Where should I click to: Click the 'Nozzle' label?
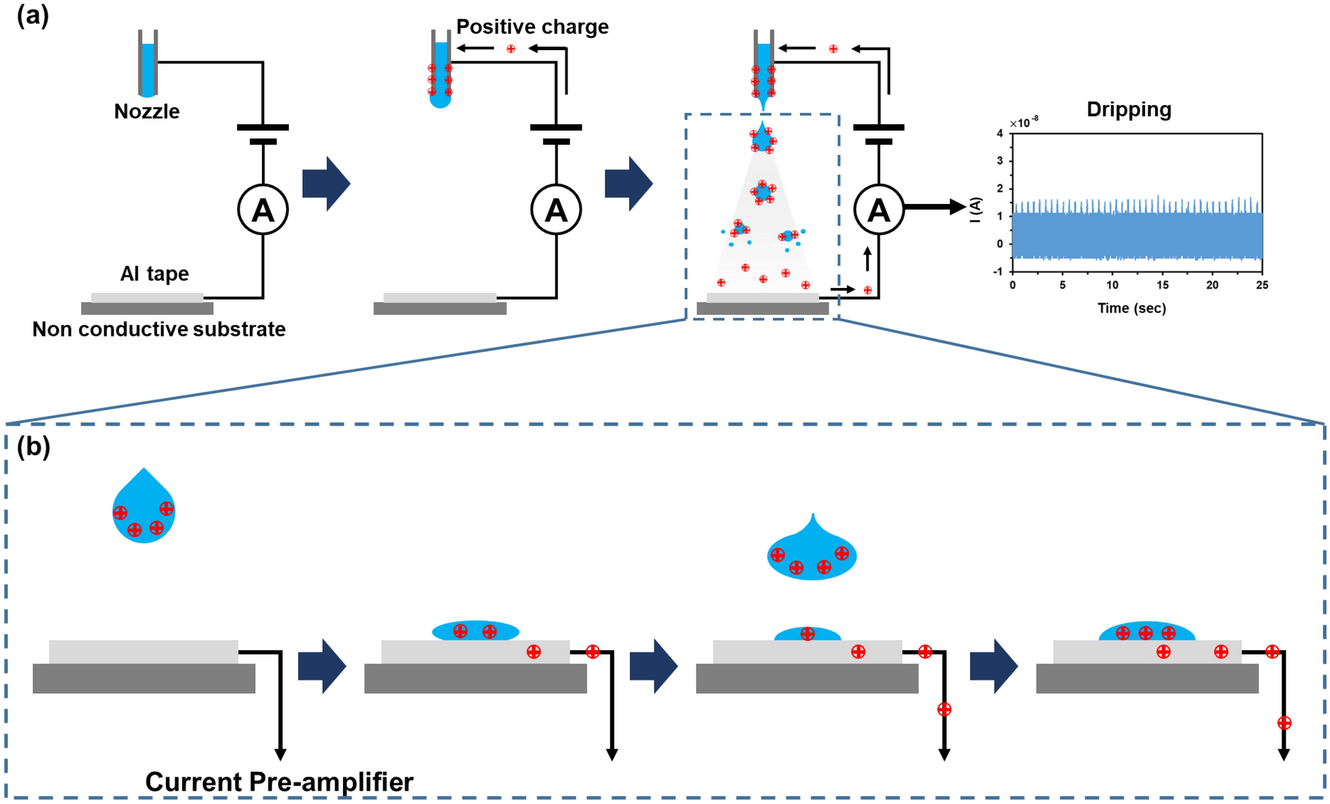[147, 112]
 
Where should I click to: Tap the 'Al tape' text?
[155, 274]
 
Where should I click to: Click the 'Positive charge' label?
[532, 27]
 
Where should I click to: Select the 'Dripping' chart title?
[1128, 109]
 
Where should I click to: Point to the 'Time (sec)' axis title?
[1131, 308]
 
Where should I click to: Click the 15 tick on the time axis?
[1162, 285]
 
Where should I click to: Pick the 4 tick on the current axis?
[1000, 133]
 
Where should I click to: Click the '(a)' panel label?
[32, 16]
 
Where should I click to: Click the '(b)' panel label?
[33, 447]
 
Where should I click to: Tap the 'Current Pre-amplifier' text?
[279, 782]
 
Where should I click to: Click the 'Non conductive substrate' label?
[159, 330]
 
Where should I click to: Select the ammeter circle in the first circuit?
[263, 210]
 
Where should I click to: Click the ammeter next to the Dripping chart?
[878, 210]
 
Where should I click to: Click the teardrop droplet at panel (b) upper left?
[144, 510]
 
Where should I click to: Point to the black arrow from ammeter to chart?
[935, 207]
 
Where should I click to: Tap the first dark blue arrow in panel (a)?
[326, 184]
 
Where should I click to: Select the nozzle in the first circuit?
[148, 64]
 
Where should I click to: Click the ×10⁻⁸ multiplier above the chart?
[1024, 124]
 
